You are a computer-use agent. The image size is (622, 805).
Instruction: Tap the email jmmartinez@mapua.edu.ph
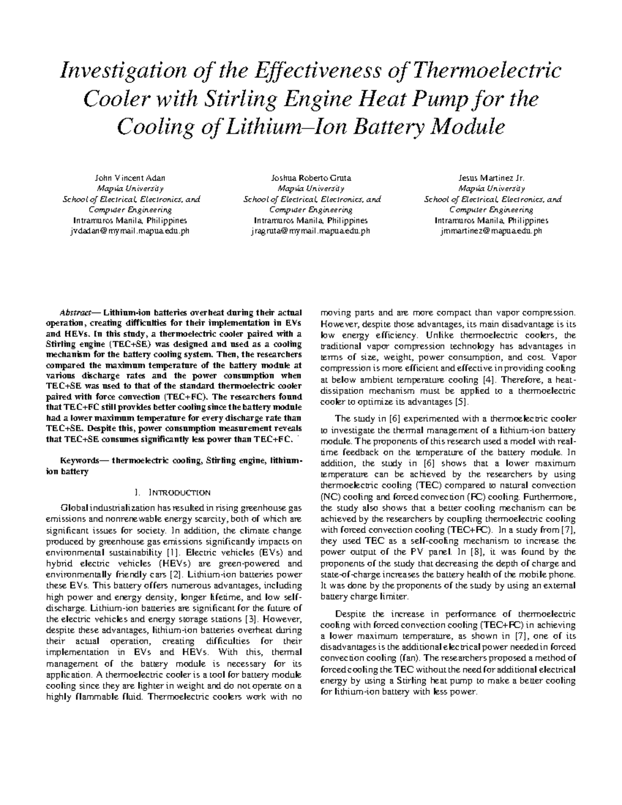click(491, 231)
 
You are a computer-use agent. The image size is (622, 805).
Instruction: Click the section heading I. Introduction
click(172, 492)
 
